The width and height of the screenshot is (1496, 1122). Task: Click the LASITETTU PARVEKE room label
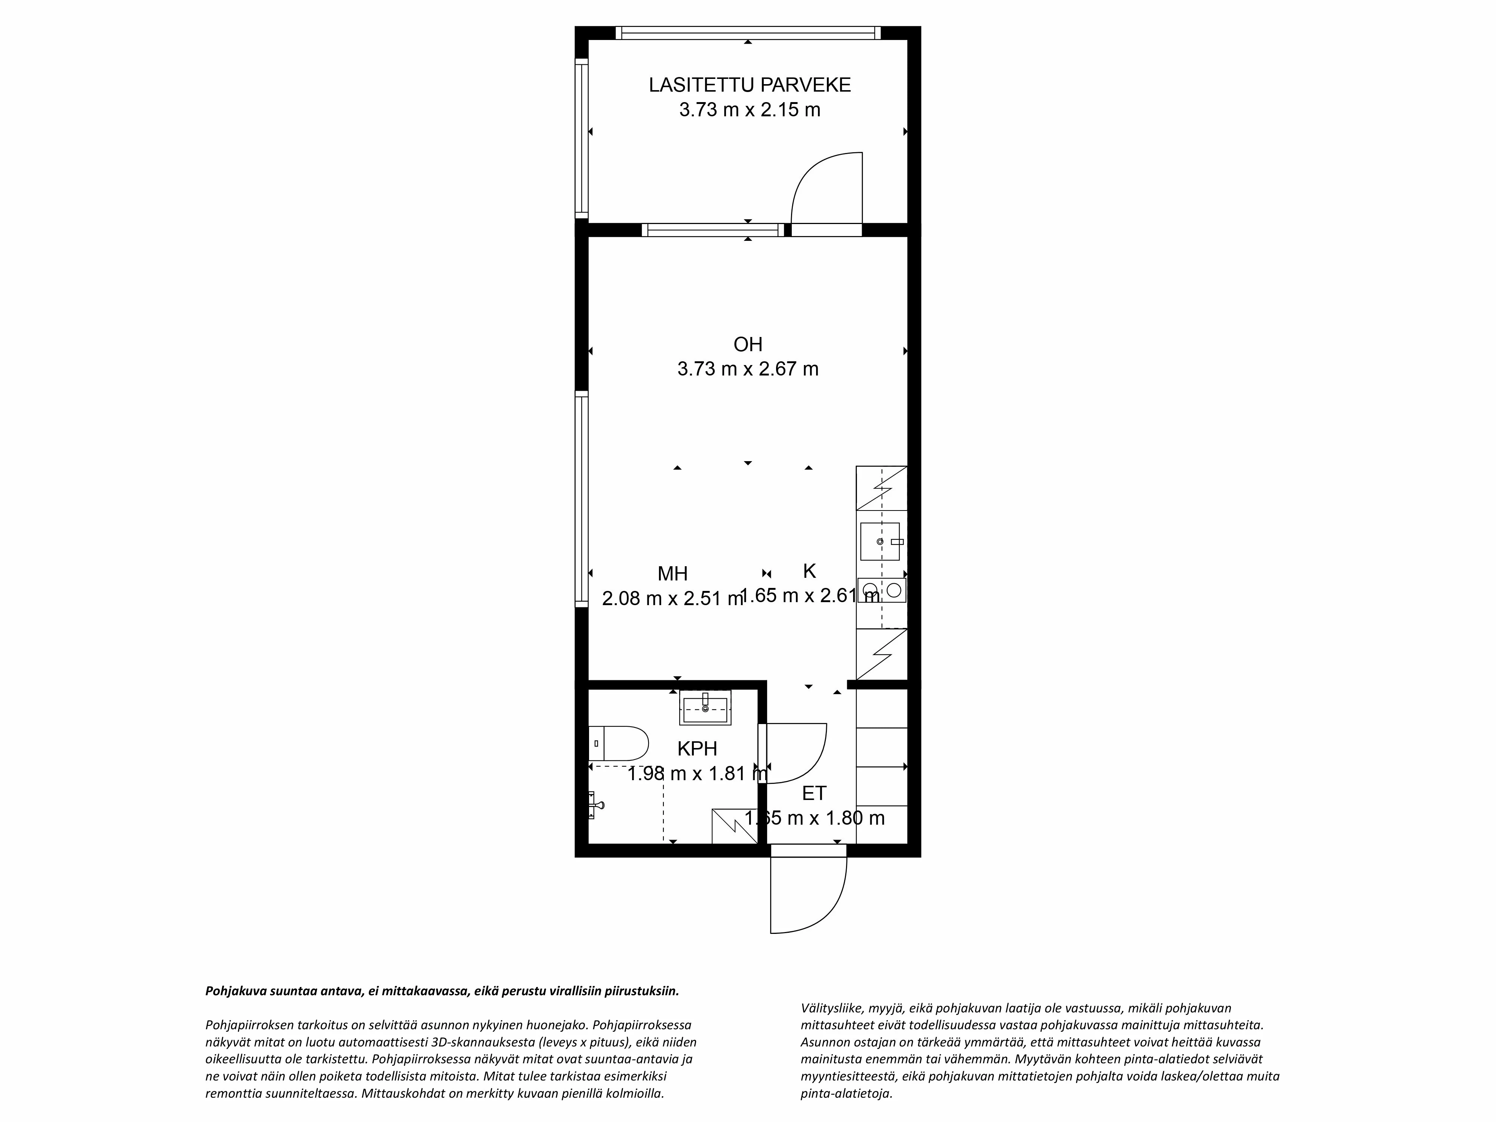click(749, 85)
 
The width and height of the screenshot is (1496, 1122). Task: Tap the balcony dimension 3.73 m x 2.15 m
click(749, 110)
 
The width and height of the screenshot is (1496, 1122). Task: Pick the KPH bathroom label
click(697, 749)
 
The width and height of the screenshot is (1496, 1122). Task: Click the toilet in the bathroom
click(619, 743)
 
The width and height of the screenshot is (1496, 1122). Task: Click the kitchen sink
click(880, 541)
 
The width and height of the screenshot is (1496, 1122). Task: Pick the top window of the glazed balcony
click(748, 33)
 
